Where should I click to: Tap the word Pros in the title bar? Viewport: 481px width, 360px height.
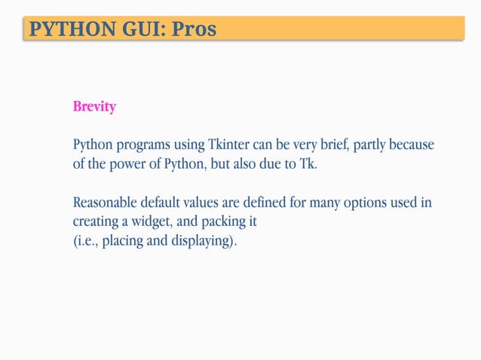(194, 29)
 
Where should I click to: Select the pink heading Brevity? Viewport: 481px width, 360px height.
(94, 107)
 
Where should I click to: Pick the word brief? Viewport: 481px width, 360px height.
(329, 145)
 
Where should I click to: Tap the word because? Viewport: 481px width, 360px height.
(414, 145)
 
